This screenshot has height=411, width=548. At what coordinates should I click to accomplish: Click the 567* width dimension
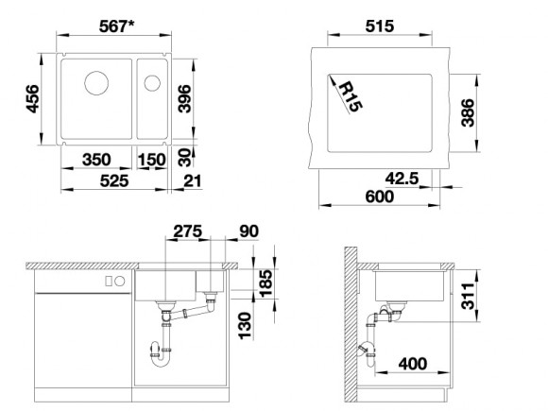point(117,26)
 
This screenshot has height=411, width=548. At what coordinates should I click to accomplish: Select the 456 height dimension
point(32,98)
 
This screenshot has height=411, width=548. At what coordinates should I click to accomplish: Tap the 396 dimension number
point(184,98)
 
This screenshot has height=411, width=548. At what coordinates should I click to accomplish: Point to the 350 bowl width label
point(96,160)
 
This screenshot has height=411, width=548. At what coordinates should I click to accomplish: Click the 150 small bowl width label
point(151,160)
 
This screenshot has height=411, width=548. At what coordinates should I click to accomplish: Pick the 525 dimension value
point(114,181)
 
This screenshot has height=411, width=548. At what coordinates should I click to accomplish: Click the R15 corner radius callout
point(351,96)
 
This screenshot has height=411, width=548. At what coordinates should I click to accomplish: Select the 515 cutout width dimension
point(380,26)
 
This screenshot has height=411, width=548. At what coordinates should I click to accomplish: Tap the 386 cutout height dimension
point(468,112)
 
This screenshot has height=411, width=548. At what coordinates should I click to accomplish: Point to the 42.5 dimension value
point(402,179)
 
